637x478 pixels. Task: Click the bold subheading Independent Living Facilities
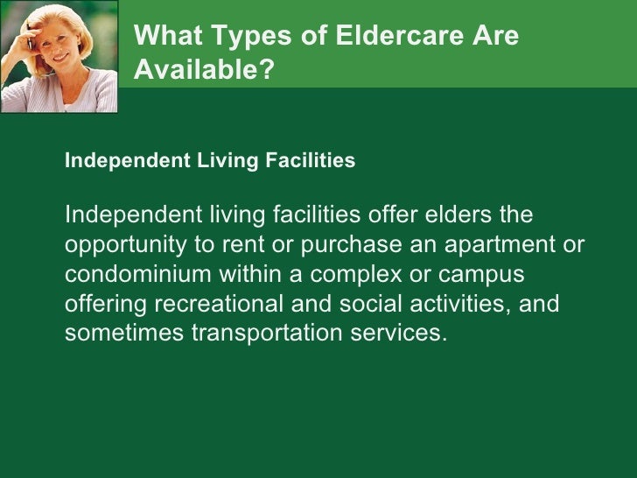coord(210,161)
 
